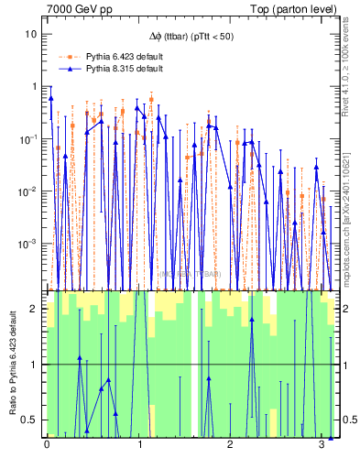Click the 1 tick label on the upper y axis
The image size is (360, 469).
(x=35, y=86)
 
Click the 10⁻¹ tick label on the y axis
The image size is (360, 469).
(x=30, y=138)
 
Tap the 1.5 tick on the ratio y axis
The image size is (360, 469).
(x=31, y=336)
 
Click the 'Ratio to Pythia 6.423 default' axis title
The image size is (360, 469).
(x=12, y=364)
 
